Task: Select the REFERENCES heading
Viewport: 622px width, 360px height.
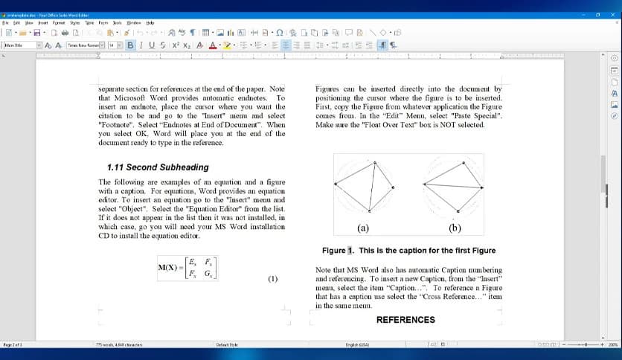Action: point(405,320)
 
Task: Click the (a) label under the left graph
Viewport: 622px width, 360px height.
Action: point(362,228)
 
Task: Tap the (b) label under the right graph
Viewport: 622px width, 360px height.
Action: point(455,228)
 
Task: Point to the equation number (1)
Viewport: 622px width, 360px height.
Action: point(272,279)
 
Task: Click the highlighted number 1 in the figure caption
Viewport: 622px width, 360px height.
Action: point(351,251)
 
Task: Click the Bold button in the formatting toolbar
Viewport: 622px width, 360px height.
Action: point(131,45)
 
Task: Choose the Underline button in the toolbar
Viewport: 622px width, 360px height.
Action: point(151,45)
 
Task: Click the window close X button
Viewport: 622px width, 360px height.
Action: point(613,6)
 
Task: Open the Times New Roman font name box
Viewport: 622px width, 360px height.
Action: point(83,45)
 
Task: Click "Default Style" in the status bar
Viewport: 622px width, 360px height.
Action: point(227,344)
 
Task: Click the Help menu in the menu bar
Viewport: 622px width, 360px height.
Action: point(150,22)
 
